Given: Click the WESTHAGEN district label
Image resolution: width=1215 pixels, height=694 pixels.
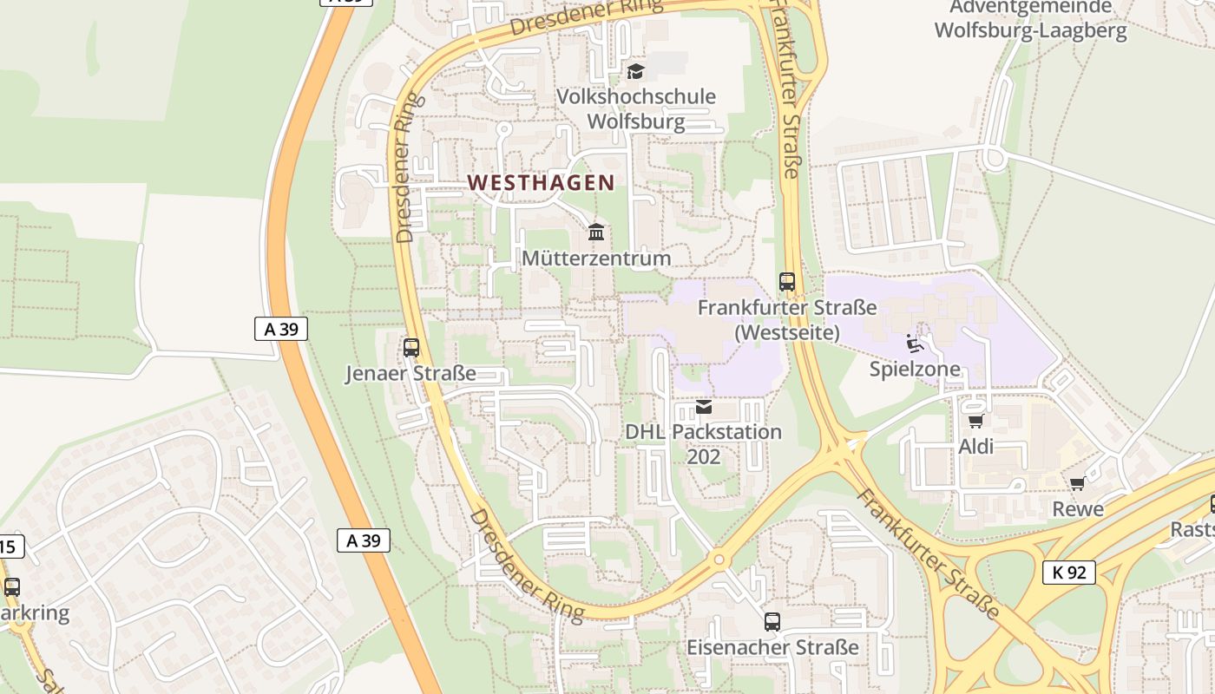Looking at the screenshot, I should tap(541, 183).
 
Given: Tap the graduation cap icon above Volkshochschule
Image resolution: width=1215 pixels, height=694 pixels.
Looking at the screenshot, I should tap(636, 71).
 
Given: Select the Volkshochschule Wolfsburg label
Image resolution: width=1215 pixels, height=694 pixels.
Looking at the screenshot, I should tap(636, 108).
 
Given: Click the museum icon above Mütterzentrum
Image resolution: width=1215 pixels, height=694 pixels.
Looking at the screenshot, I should tap(596, 232).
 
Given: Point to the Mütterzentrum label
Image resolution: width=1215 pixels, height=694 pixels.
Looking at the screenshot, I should tap(596, 259).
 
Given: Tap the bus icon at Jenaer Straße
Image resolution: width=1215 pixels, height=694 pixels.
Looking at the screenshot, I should tap(411, 348).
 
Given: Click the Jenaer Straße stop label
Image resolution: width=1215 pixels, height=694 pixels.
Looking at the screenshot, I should tap(411, 374).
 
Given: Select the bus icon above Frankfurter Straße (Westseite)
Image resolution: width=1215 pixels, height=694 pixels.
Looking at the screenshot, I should tap(787, 282).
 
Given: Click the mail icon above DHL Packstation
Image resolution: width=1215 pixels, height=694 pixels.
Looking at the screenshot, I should tap(704, 406).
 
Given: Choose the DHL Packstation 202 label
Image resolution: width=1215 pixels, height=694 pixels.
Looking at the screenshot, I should tap(704, 443).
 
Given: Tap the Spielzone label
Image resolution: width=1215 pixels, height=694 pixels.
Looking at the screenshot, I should tap(915, 370).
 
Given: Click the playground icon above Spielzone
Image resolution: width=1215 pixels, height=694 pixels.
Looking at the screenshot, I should tap(915, 344).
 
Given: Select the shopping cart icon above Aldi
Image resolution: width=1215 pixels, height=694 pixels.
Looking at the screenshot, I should tap(975, 422).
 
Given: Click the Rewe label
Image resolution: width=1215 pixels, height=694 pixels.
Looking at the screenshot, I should tap(1078, 509).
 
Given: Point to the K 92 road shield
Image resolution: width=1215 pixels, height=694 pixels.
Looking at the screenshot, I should tap(1069, 573).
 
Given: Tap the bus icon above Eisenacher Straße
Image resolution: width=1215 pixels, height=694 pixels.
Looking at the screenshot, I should tap(772, 621).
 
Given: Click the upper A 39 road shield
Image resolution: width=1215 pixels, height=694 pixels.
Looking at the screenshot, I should tap(281, 329).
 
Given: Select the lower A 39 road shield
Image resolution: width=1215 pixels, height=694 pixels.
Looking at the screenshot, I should tap(364, 540).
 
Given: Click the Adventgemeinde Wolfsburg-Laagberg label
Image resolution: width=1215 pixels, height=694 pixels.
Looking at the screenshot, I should tap(1030, 20).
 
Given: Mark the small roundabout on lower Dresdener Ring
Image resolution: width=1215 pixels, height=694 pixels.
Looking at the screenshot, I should tap(719, 560).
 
